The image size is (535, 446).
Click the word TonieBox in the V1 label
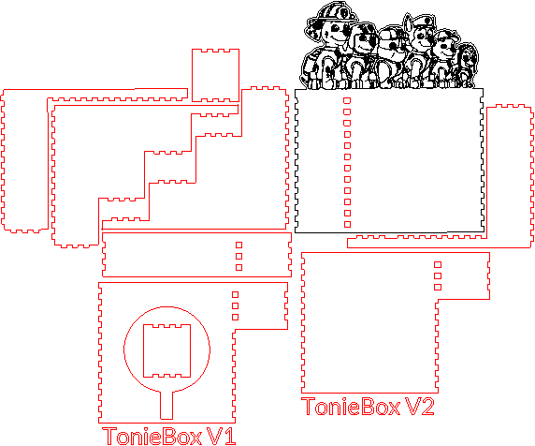click(x=152, y=436)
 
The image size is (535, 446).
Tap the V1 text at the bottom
click(x=222, y=436)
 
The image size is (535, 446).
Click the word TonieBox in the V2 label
click(x=351, y=407)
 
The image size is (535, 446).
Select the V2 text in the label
click(x=420, y=407)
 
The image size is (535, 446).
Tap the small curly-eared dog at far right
click(x=467, y=65)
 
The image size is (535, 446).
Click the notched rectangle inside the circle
click(x=166, y=350)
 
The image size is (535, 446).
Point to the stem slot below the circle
click(x=166, y=405)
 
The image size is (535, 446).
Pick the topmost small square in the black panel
click(x=347, y=100)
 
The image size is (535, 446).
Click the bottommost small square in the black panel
click(x=347, y=224)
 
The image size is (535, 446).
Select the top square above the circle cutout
click(x=235, y=294)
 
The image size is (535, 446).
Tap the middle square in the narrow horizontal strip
click(x=239, y=256)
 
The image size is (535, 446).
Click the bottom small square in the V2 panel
click(x=438, y=287)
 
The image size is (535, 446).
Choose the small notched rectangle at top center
click(x=215, y=75)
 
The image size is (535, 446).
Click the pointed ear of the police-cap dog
click(x=408, y=22)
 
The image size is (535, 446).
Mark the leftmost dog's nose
click(x=346, y=32)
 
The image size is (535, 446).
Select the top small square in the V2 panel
click(x=438, y=264)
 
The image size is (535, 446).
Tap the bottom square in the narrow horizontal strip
click(x=239, y=267)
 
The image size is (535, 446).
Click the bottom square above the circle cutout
click(x=235, y=317)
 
